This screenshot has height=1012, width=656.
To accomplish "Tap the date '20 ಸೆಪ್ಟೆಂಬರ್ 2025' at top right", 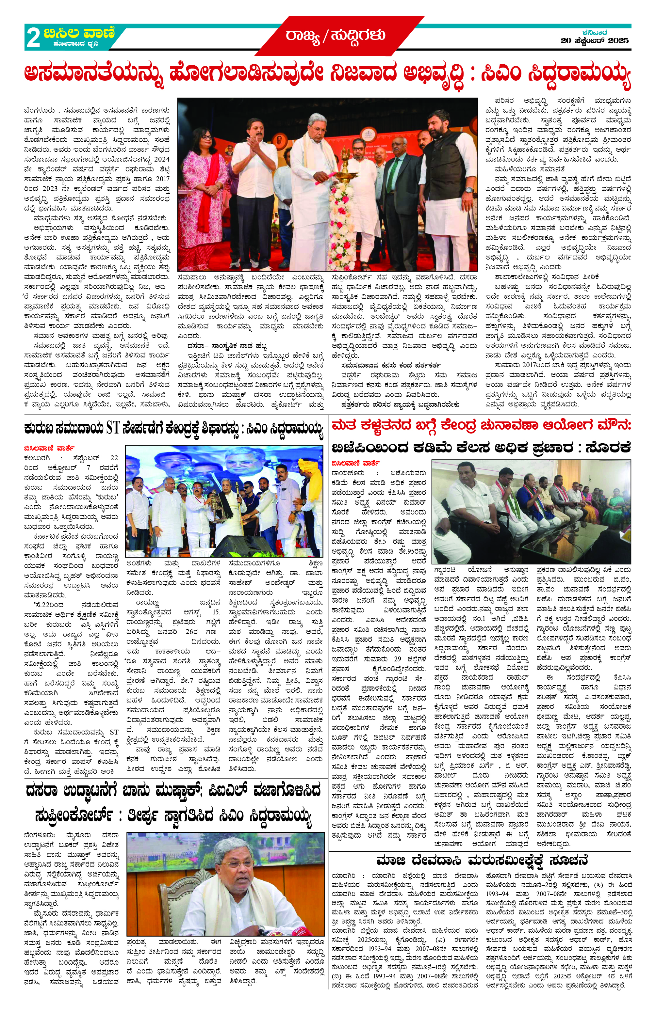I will tap(594, 41).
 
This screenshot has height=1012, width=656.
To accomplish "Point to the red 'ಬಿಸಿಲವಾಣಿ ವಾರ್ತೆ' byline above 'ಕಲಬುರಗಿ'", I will tap(49, 448).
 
